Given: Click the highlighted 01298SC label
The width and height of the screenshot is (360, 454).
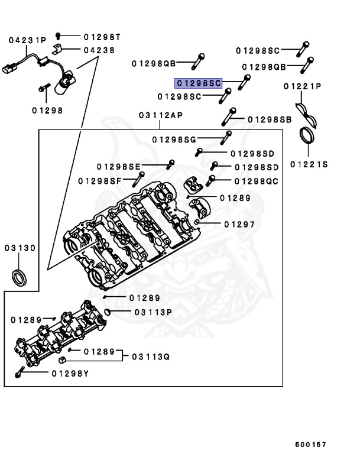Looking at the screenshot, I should point(197,84).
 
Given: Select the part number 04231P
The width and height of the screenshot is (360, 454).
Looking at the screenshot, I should point(27,40).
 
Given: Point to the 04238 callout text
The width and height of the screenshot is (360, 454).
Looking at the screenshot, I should point(99,50).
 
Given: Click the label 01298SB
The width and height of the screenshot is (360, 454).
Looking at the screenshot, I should point(270,119).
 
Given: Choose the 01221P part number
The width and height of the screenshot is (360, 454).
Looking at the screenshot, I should point(302,86).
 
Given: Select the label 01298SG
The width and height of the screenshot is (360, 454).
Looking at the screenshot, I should point(174,140).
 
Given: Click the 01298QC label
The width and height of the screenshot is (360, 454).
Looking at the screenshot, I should point(256,181).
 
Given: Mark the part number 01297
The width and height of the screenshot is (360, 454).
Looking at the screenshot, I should point(239,224).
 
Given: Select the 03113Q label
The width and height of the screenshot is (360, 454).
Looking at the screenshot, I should point(151,356).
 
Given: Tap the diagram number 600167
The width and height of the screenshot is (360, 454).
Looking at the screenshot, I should point(311,444).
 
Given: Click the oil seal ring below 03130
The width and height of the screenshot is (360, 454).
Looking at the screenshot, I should point(20,276).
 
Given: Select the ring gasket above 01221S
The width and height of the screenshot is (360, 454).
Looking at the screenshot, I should point(309,136).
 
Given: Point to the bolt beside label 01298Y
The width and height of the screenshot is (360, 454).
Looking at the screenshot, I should point(20,373).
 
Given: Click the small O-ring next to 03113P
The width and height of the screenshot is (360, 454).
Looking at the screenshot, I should point(107,311).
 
